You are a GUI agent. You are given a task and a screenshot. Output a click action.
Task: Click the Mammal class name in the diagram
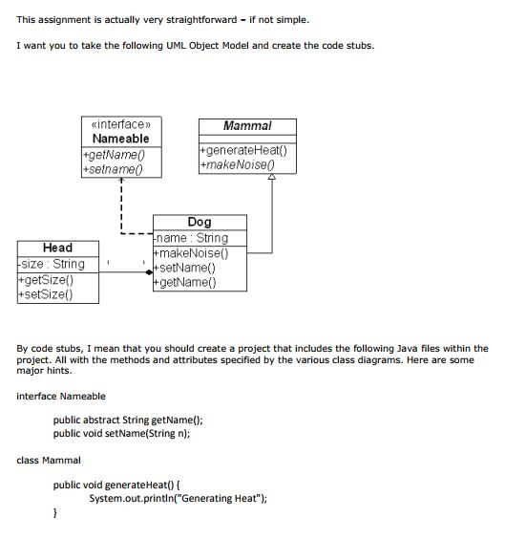click(247, 126)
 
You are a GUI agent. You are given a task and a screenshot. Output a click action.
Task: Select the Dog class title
click(200, 222)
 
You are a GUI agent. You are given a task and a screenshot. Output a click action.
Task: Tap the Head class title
click(57, 248)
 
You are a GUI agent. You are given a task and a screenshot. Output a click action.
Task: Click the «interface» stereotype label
click(120, 124)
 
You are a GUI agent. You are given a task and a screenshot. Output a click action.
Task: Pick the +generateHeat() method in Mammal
click(243, 150)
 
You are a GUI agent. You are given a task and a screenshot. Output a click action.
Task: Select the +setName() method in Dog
click(187, 268)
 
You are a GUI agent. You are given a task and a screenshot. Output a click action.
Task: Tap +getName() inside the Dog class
click(187, 282)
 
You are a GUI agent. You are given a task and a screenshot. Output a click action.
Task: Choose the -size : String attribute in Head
click(52, 264)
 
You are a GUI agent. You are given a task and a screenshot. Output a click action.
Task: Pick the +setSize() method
click(46, 294)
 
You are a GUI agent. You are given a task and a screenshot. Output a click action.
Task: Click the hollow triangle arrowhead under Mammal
click(271, 178)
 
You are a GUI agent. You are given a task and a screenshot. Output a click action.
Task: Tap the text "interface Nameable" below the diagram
click(61, 396)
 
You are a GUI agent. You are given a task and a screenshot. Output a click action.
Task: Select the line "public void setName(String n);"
click(121, 432)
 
